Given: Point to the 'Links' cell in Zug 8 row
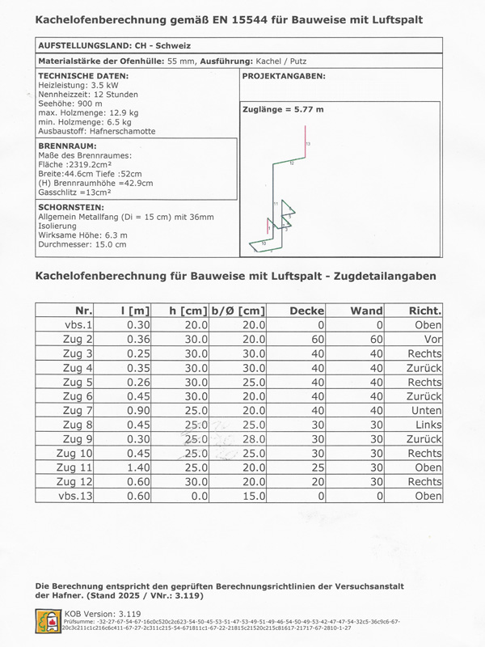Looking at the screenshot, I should click(x=426, y=424).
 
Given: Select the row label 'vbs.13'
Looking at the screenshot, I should click(x=76, y=496).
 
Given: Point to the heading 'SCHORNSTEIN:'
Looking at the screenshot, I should click(x=71, y=207).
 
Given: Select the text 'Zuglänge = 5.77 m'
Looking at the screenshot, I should click(x=283, y=109).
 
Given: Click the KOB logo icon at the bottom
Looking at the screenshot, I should click(x=48, y=621).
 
